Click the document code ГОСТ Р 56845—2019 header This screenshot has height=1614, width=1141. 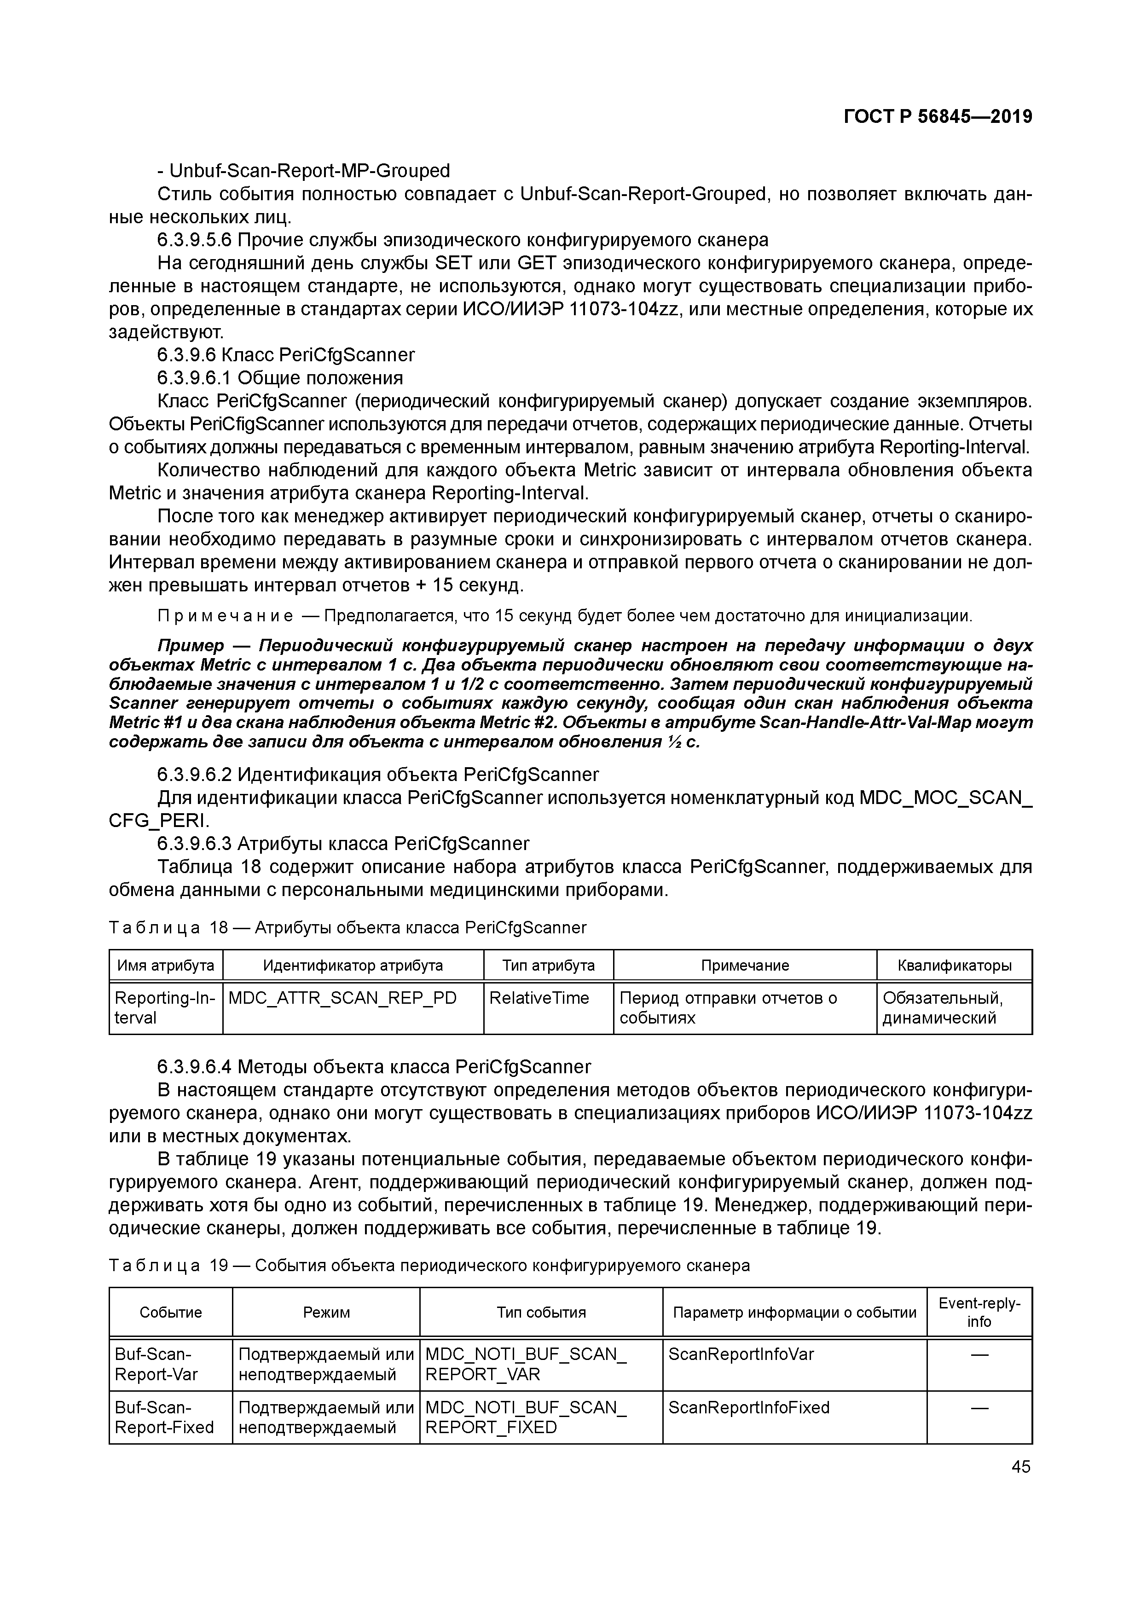pos(938,117)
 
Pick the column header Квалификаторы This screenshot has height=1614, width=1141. pos(954,965)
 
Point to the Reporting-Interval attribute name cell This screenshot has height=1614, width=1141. pos(164,1007)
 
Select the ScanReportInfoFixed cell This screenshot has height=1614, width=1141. pos(749,1407)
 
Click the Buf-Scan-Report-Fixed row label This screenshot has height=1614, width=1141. pos(164,1417)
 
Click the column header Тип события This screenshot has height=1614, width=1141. pos(541,1313)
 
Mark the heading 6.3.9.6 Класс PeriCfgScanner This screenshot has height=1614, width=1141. pos(286,355)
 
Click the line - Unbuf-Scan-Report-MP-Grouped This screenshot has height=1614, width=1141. pos(304,171)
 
